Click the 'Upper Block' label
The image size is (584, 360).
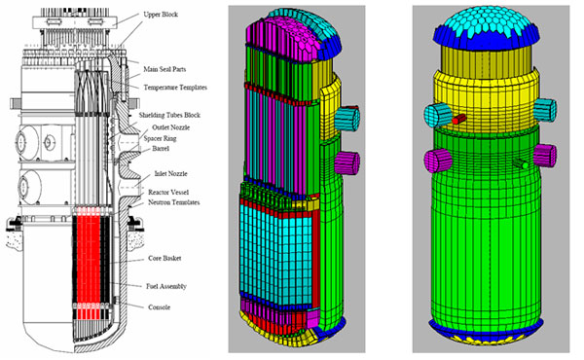(161, 15)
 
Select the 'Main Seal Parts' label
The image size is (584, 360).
(164, 69)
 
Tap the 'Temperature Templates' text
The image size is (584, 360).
(175, 88)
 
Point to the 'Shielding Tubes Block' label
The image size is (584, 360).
(169, 115)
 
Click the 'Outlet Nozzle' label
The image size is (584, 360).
(171, 127)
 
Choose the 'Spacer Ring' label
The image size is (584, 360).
(161, 138)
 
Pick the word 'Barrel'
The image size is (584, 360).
(161, 149)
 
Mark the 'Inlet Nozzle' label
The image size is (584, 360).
(170, 174)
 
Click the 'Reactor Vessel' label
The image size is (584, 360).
(168, 193)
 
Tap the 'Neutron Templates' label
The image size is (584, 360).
(173, 202)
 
